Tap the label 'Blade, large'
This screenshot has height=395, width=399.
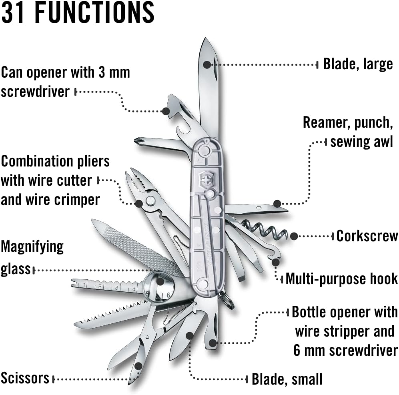[x=358, y=64]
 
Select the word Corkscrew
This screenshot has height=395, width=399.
[x=367, y=236]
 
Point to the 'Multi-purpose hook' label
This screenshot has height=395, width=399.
[x=341, y=279]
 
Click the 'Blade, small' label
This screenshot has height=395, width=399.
[x=287, y=379]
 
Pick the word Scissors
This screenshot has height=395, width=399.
[x=25, y=378]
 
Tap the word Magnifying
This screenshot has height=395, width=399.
[x=32, y=247]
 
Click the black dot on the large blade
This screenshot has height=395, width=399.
[x=207, y=64]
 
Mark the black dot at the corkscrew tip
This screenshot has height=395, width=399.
[x=294, y=236]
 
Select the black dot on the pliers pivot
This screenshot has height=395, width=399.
[x=138, y=203]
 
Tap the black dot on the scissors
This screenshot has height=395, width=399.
[x=138, y=365]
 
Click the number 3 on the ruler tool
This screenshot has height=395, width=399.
[x=116, y=287]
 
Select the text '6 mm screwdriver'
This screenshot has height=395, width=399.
[x=346, y=350]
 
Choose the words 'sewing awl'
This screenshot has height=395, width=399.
[x=362, y=141]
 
